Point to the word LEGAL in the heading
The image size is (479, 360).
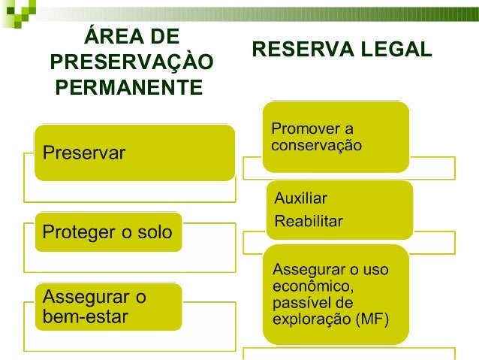[x=399, y=50]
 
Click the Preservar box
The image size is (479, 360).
[x=134, y=153]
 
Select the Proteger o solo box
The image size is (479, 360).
[x=107, y=234]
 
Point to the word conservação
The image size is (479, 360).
[x=316, y=144]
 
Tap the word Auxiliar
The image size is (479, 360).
[x=301, y=199]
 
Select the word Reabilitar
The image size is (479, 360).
[x=309, y=221]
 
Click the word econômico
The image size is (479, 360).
[x=309, y=286]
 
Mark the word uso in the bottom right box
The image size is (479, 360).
[x=374, y=269]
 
